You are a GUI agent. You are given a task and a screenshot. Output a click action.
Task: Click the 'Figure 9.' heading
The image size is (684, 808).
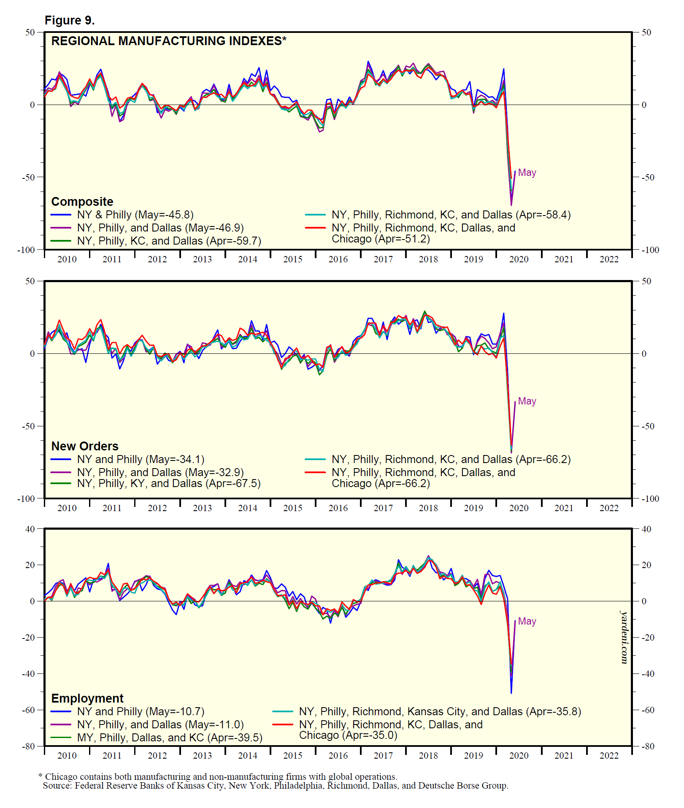[x=70, y=20]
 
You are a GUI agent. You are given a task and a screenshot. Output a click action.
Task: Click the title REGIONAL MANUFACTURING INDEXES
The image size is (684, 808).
[x=168, y=41]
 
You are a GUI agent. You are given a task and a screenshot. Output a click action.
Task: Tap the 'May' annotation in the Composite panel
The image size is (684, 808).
[x=527, y=172]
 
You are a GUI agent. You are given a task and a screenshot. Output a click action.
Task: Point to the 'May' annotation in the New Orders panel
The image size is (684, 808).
[x=527, y=401]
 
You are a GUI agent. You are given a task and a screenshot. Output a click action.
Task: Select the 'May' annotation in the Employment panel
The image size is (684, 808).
[x=527, y=621]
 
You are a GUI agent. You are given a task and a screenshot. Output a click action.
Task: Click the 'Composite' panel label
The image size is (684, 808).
[x=82, y=202]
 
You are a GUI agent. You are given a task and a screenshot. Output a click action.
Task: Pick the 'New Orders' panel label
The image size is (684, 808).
[x=85, y=446]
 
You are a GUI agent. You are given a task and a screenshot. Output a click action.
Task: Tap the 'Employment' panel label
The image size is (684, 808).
[x=87, y=698]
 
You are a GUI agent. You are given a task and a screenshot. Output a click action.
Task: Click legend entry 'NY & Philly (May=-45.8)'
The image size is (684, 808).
[x=135, y=215]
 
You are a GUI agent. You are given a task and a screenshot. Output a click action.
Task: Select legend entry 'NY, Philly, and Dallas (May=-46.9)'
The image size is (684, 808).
[x=160, y=228]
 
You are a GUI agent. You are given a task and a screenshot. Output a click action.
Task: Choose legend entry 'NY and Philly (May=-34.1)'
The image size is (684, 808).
[x=141, y=459]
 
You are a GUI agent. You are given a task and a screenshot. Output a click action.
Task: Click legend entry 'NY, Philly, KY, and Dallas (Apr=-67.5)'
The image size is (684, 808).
[x=169, y=483]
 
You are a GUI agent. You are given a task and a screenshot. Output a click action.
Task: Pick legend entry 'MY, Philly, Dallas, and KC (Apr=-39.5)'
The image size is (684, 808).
[x=170, y=738]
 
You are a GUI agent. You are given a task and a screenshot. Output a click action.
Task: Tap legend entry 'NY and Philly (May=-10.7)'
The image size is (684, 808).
[x=141, y=711]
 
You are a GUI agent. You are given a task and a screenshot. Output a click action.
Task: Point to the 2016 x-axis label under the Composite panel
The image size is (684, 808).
[x=338, y=259]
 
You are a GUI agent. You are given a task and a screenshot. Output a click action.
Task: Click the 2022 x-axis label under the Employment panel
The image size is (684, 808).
[x=609, y=756]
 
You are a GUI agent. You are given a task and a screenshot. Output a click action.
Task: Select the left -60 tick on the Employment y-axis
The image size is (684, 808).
[x=29, y=710]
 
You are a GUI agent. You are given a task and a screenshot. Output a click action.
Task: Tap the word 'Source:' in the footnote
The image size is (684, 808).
[x=58, y=786]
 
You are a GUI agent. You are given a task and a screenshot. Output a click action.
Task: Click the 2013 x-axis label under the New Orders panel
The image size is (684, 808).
[x=203, y=508]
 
